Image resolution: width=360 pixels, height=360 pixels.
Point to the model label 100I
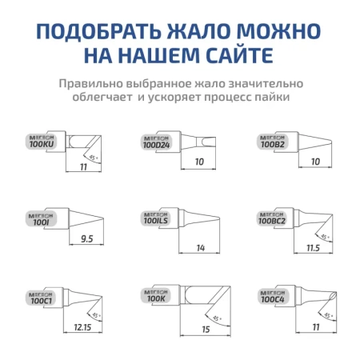point(36,225)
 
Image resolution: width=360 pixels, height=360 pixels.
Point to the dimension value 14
point(201,248)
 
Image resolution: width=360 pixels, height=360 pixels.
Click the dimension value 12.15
point(82,328)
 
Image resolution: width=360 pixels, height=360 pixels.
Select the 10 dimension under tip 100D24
point(200,162)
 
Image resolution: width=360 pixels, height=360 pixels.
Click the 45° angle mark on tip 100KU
point(94,157)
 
